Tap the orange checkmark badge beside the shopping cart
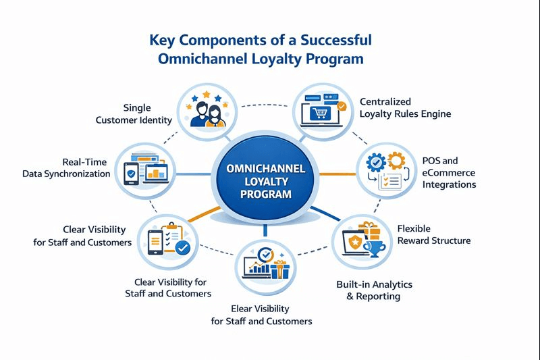pos(342,106)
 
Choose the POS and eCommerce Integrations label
pos(449,172)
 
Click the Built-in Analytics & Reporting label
pos(374,290)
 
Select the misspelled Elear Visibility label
pos(261,315)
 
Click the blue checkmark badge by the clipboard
pos(182,249)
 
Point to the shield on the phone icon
pos(131,174)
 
